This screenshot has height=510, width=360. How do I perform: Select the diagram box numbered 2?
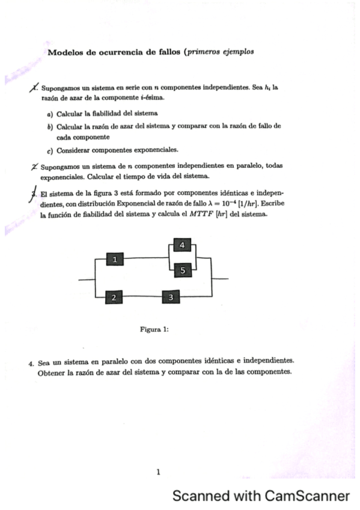(x=114, y=297)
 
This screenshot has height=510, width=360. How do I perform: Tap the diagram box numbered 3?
(x=171, y=297)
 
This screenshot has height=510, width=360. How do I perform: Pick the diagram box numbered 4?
(x=182, y=245)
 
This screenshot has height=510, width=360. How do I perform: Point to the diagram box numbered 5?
(x=183, y=271)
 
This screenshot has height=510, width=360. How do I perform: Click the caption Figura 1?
(x=154, y=329)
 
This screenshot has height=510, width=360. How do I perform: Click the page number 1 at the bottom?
(x=158, y=472)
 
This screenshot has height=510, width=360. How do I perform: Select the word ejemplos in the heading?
(x=237, y=52)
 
